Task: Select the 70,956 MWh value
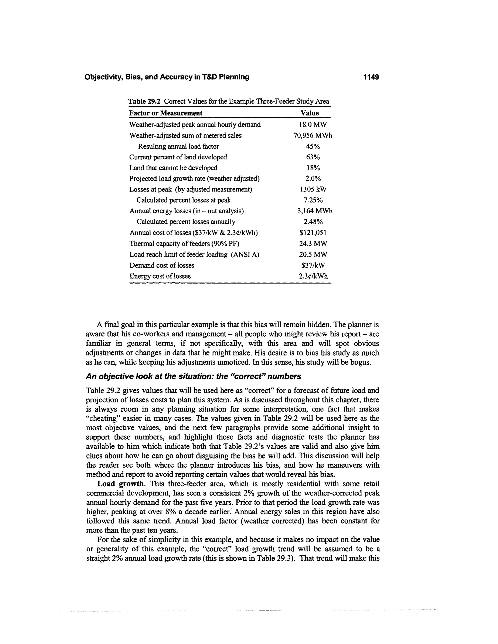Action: tap(312, 135)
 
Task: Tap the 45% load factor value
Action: tap(313, 146)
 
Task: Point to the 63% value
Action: tap(313, 157)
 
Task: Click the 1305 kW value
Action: tap(313, 189)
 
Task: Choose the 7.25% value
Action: tap(313, 200)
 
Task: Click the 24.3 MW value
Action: tap(313, 244)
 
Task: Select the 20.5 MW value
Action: tap(313, 254)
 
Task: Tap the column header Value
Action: tap(310, 113)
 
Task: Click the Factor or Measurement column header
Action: tap(166, 113)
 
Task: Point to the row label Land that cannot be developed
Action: tap(173, 168)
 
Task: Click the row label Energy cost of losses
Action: tap(160, 276)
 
